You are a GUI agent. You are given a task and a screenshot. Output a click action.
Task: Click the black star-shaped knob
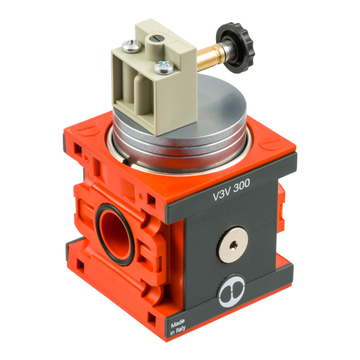[x=236, y=48]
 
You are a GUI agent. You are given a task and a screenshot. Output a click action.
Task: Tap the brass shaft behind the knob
[x=208, y=55]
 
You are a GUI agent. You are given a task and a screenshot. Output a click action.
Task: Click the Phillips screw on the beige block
[x=164, y=68]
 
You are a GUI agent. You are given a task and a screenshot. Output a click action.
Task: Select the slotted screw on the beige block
[x=131, y=46]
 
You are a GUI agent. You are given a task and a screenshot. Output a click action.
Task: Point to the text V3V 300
[x=231, y=189]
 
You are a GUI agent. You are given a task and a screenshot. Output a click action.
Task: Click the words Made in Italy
[x=178, y=326]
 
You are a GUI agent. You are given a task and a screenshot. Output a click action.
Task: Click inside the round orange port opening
[x=115, y=234]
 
